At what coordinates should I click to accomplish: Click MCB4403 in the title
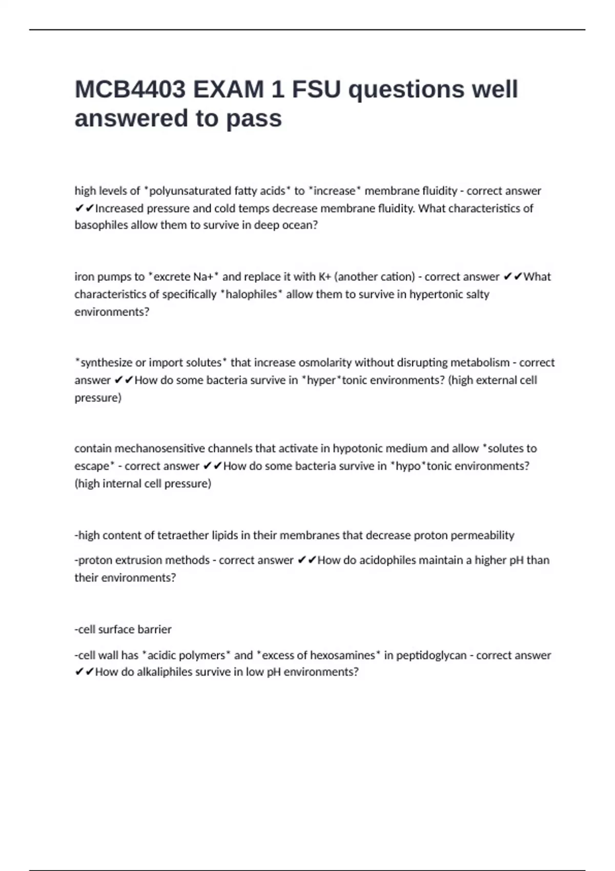point(130,90)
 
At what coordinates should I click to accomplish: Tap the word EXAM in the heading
point(228,90)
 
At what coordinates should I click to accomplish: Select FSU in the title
point(316,90)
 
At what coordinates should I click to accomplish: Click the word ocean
point(300,225)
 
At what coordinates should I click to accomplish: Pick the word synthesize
point(106,363)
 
